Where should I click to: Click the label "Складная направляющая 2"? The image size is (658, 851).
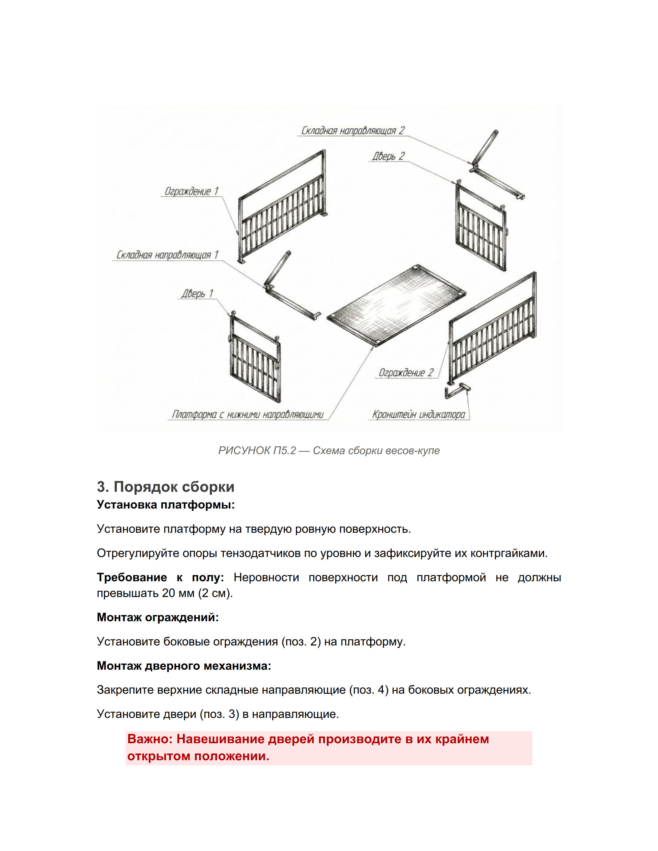click(x=353, y=130)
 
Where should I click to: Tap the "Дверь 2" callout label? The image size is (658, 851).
click(x=388, y=156)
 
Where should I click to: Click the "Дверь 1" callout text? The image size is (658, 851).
click(x=197, y=293)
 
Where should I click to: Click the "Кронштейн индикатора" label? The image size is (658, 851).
click(x=419, y=414)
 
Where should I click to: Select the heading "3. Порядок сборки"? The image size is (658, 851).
click(x=166, y=487)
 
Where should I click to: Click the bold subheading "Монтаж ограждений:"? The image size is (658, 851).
click(x=157, y=617)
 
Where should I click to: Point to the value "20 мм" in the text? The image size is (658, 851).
click(x=178, y=593)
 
